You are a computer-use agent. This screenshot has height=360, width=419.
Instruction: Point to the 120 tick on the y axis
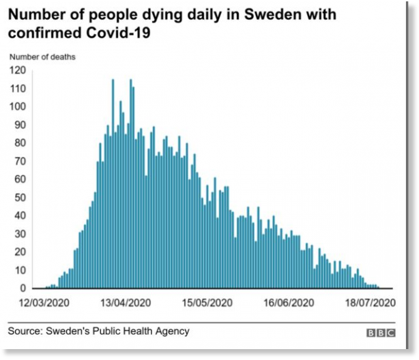tap(17, 70)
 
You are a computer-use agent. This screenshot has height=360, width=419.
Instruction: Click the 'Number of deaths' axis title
tap(42, 57)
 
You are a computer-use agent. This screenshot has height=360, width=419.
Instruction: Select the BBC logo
tap(381, 333)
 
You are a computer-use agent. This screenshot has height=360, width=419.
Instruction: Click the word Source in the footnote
tap(24, 331)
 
